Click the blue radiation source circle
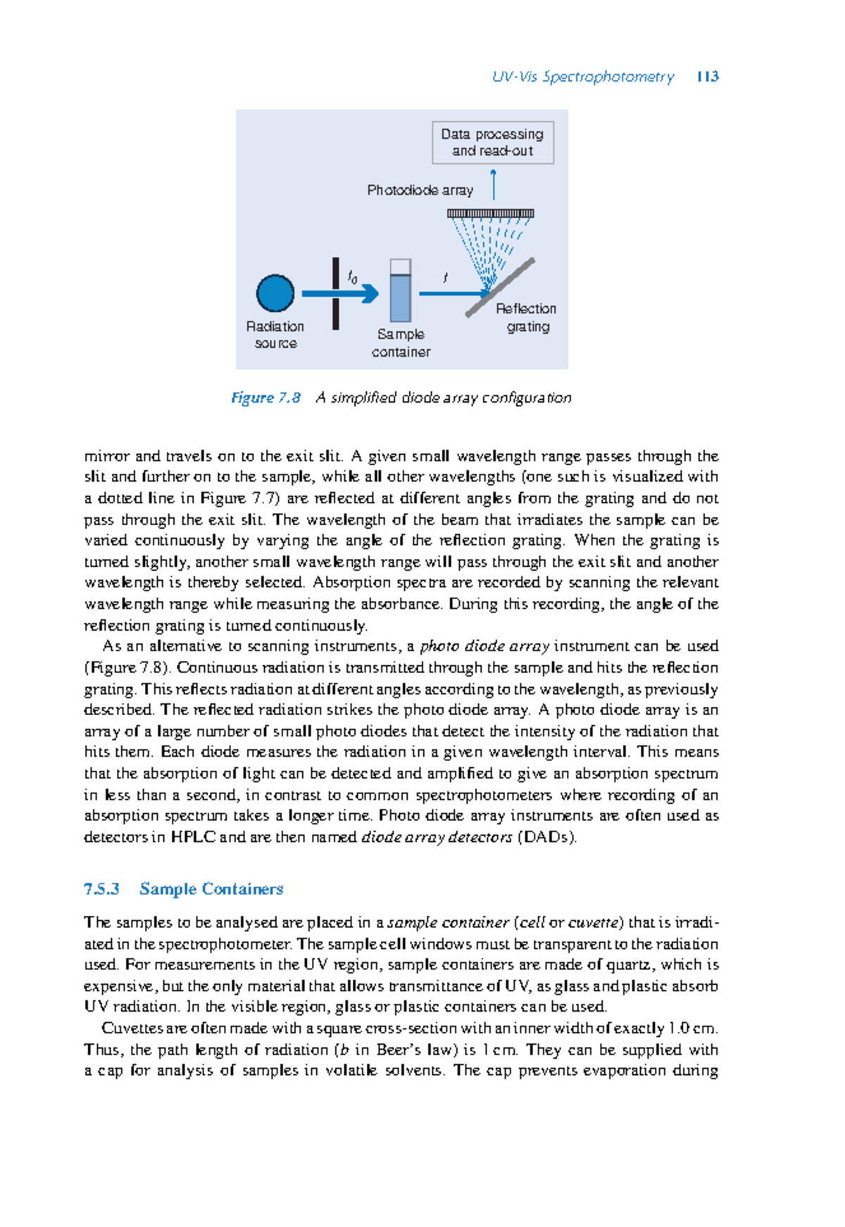click(x=275, y=294)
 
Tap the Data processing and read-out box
click(x=492, y=142)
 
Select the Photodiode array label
click(x=420, y=190)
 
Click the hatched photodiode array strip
click(x=491, y=213)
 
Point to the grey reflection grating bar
click(x=501, y=287)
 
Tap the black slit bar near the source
click(x=336, y=294)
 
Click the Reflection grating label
click(x=526, y=317)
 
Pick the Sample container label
click(x=401, y=343)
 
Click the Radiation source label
click(x=275, y=335)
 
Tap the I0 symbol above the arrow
click(x=353, y=277)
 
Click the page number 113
click(x=707, y=77)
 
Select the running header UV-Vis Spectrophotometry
click(x=582, y=77)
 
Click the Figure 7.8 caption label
click(x=265, y=398)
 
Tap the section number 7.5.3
click(x=101, y=889)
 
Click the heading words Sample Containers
click(x=211, y=889)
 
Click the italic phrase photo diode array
click(x=485, y=646)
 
